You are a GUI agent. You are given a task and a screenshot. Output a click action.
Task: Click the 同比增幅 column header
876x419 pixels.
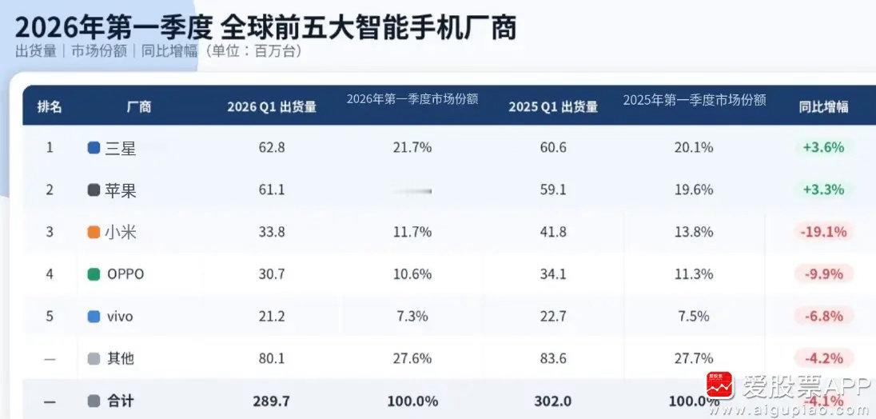tap(823, 106)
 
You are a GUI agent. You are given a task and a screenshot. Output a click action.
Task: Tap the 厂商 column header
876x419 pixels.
tap(139, 106)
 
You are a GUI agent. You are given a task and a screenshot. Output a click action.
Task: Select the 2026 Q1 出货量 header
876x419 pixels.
tap(272, 106)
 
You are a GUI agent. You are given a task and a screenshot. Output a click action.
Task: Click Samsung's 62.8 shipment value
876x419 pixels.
tap(272, 148)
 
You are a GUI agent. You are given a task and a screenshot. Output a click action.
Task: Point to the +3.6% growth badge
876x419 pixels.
tap(823, 148)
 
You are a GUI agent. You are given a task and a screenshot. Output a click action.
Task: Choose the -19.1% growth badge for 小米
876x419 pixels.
tap(822, 232)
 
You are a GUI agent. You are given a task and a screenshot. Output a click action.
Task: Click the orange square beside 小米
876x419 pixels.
tap(94, 233)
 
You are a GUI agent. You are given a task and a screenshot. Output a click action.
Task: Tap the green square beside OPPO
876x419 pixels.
tap(94, 274)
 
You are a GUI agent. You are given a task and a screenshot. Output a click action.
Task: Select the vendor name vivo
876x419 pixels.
tap(120, 317)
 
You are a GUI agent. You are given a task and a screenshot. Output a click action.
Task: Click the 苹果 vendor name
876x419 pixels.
tap(121, 190)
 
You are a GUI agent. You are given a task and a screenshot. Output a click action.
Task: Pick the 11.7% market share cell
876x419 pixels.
tap(412, 232)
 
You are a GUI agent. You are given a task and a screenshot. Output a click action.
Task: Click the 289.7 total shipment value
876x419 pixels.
tap(272, 401)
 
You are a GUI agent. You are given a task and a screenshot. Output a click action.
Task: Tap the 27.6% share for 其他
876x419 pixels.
tap(412, 358)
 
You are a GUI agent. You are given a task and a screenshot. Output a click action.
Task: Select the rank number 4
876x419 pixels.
tap(50, 274)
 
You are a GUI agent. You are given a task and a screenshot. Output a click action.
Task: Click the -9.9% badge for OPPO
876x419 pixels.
tap(823, 274)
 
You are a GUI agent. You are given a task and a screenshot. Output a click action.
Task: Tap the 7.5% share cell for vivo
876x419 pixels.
tap(694, 317)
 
